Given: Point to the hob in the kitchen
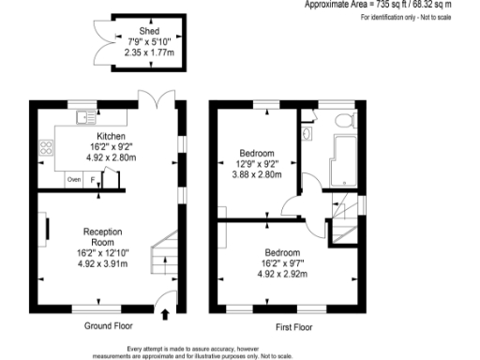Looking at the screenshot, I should coord(44,147).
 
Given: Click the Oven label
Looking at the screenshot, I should coord(73,179).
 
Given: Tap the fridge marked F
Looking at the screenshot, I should coord(92,179).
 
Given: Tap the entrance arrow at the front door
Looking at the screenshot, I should coord(166,315).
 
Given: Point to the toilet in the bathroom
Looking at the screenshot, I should coord(344,120).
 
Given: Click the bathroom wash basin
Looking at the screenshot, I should coord(308,133).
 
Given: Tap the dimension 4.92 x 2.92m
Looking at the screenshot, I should coord(281,274).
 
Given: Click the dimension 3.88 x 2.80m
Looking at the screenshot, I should coord(256,174).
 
